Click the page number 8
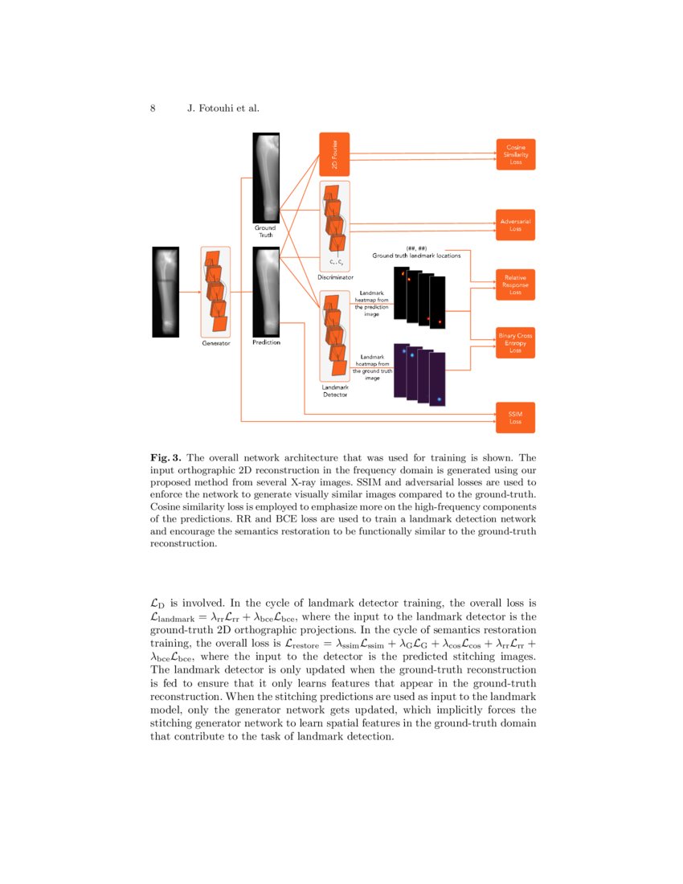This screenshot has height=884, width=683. pyautogui.click(x=153, y=108)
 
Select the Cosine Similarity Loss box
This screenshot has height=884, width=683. pyautogui.click(x=515, y=154)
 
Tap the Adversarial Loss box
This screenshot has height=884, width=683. pyautogui.click(x=515, y=225)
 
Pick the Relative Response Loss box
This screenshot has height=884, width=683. pyautogui.click(x=515, y=284)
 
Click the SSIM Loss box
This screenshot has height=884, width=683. pyautogui.click(x=515, y=417)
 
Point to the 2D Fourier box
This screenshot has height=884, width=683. pyautogui.click(x=334, y=154)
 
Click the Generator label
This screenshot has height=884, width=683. pyautogui.click(x=215, y=343)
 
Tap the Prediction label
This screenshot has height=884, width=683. pyautogui.click(x=266, y=343)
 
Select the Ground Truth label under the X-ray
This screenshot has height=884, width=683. pyautogui.click(x=266, y=231)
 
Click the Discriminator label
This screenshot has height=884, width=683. pyautogui.click(x=335, y=277)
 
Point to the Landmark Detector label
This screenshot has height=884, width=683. pyautogui.click(x=335, y=391)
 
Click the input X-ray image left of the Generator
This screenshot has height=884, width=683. pyautogui.click(x=166, y=292)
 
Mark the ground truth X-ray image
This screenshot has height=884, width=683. pyautogui.click(x=266, y=177)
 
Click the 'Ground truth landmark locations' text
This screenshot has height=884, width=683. pyautogui.click(x=416, y=256)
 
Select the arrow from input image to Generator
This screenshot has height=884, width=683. pyautogui.click(x=190, y=292)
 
